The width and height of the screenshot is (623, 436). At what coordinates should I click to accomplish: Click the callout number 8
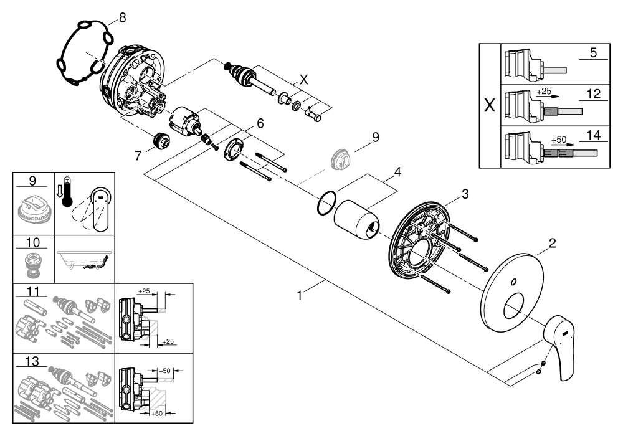(121, 18)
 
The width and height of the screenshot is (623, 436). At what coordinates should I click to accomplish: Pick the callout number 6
(259, 123)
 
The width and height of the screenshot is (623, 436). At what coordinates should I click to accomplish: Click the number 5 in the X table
(593, 53)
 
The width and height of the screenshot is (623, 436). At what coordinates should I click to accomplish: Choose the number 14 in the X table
(593, 133)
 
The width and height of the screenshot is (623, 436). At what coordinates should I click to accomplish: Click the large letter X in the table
(490, 104)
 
